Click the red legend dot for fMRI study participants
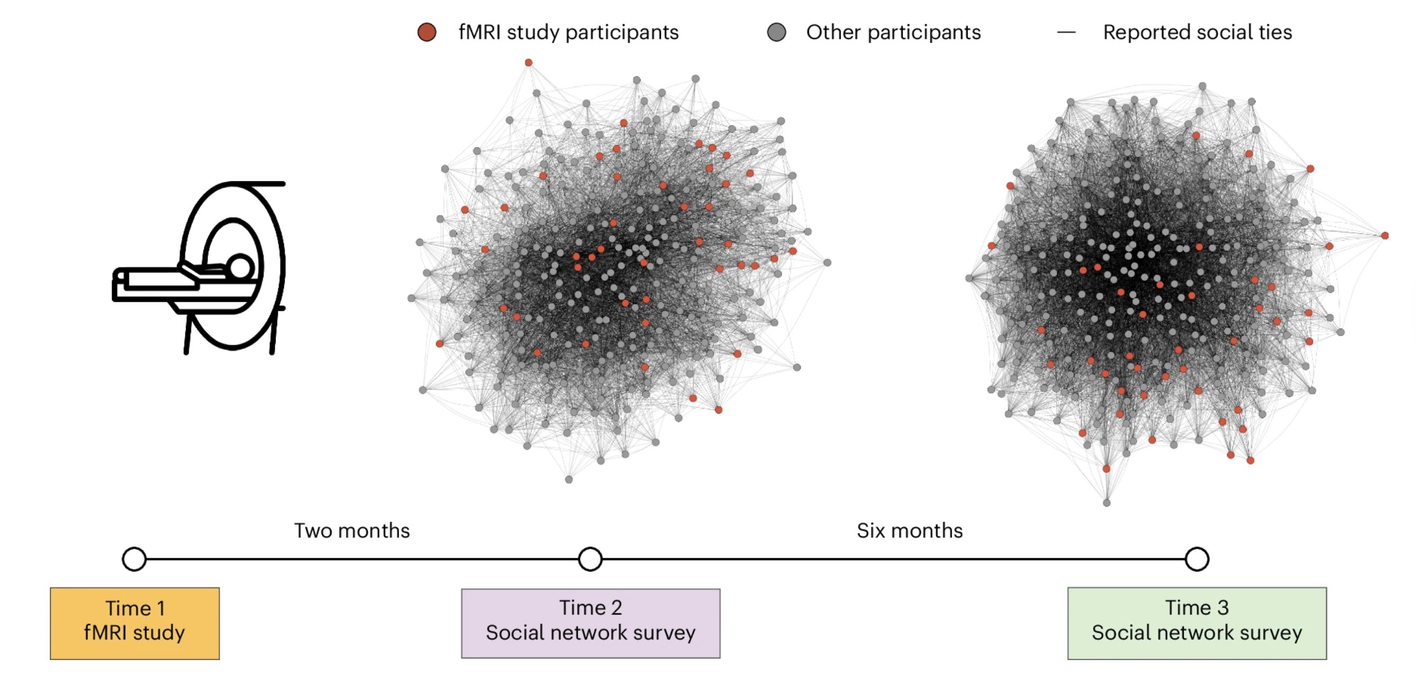point(427,32)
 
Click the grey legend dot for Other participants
point(776,32)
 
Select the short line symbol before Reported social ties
point(1066,32)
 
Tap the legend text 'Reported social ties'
point(1197,32)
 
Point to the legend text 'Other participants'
point(893,32)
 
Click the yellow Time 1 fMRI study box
point(135,623)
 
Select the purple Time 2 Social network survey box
point(591,623)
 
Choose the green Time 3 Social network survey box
point(1197,623)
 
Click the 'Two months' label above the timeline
point(352,531)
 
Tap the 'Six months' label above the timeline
point(910,531)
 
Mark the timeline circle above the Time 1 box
point(134,559)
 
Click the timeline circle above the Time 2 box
point(591,559)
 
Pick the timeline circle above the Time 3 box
point(1197,559)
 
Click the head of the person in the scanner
point(241,268)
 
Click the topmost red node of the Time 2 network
point(528,63)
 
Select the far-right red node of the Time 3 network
point(1385,236)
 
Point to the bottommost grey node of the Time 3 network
point(1107,503)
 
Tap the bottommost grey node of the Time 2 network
point(569,480)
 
